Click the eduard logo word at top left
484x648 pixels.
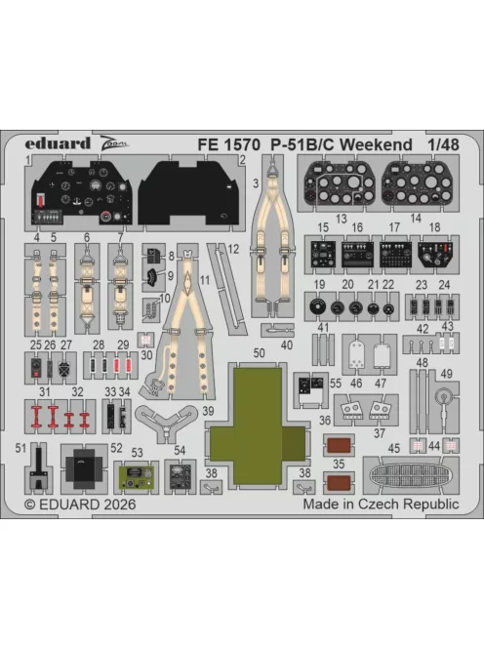tap(58, 143)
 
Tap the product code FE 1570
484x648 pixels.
tap(228, 144)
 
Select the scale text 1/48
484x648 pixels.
tap(443, 144)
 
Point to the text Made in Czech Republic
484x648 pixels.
tap(381, 504)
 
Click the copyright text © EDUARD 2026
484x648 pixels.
tap(80, 505)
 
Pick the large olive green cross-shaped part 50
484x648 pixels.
tap(259, 425)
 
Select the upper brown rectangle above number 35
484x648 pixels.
tap(339, 445)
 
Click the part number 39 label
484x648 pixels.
tap(208, 411)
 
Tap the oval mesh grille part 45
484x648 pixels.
tap(411, 475)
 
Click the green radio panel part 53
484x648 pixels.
tap(137, 477)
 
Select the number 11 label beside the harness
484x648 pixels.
tap(205, 280)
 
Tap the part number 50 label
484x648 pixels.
tap(260, 353)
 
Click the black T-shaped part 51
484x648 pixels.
tap(38, 467)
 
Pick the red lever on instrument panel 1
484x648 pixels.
tap(41, 200)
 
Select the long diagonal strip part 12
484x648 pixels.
tap(226, 289)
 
